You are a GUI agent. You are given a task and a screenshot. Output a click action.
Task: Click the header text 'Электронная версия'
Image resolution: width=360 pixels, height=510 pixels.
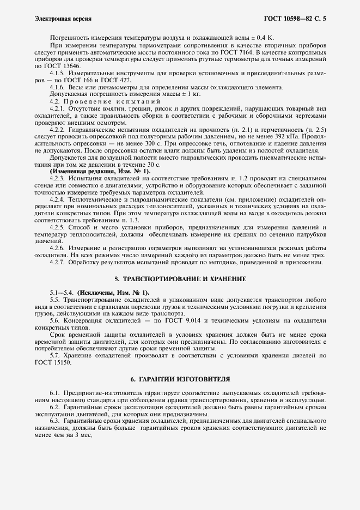click(55, 19)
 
